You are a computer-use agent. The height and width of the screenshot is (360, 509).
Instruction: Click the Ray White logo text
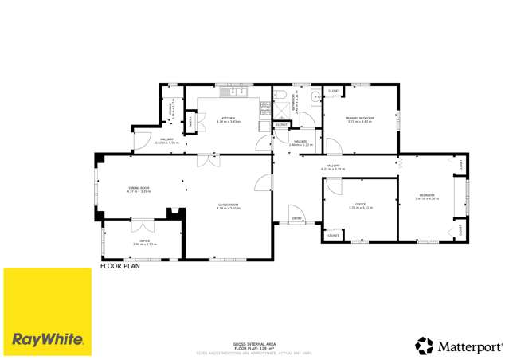pos(48,339)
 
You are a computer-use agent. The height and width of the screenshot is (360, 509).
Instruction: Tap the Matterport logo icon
pos(424,346)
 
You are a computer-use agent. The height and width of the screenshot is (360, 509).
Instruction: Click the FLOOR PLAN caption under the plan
pos(119,266)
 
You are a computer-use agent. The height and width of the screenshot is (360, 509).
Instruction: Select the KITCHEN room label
pos(229,119)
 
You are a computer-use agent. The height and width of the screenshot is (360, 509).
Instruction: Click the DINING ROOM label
pos(139,188)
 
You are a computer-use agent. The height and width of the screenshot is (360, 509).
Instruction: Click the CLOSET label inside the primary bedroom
pos(335,91)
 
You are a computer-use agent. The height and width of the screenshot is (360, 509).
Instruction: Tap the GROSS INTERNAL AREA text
pos(254,343)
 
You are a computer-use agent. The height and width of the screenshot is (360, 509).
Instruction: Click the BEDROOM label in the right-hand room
pos(427,195)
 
